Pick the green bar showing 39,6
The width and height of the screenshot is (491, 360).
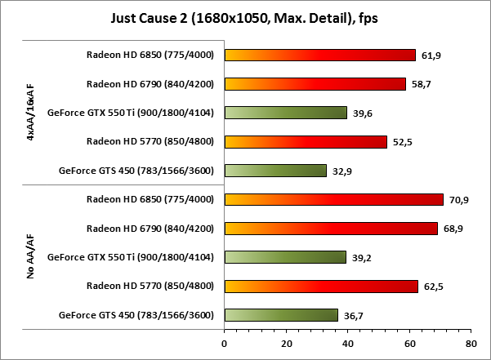pos(286,113)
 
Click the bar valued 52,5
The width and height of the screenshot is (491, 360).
pos(306,142)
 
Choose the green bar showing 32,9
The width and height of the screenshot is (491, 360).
pos(275,171)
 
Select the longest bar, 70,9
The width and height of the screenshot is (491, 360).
pos(334,199)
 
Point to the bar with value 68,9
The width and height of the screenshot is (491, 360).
pos(331,229)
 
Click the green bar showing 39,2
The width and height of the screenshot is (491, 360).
pos(285,257)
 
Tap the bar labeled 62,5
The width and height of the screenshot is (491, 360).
pos(321,286)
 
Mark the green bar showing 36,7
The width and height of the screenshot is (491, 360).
pos(281,315)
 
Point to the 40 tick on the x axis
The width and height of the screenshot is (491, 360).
pos(347,344)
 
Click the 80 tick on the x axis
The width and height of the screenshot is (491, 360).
pos(471,344)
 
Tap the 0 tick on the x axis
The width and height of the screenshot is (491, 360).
pos(225,344)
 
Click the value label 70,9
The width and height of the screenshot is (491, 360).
pos(459,200)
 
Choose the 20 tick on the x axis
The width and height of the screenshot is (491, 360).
pos(286,344)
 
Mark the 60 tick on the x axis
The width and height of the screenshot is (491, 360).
pos(409,344)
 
